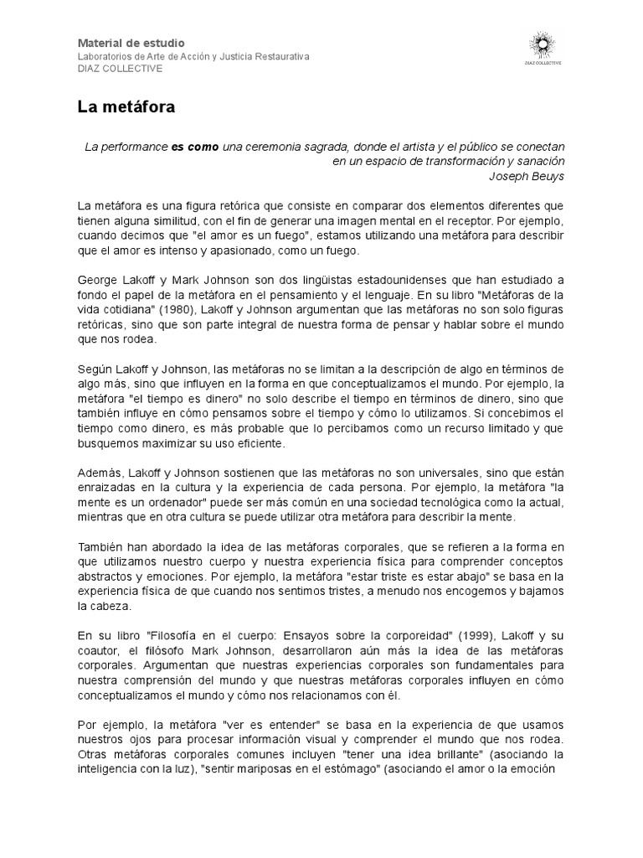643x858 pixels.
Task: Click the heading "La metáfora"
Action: tap(126, 107)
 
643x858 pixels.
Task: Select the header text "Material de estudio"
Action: tap(131, 43)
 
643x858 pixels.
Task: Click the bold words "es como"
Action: tap(195, 147)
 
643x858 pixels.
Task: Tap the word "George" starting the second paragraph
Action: tap(99, 279)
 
